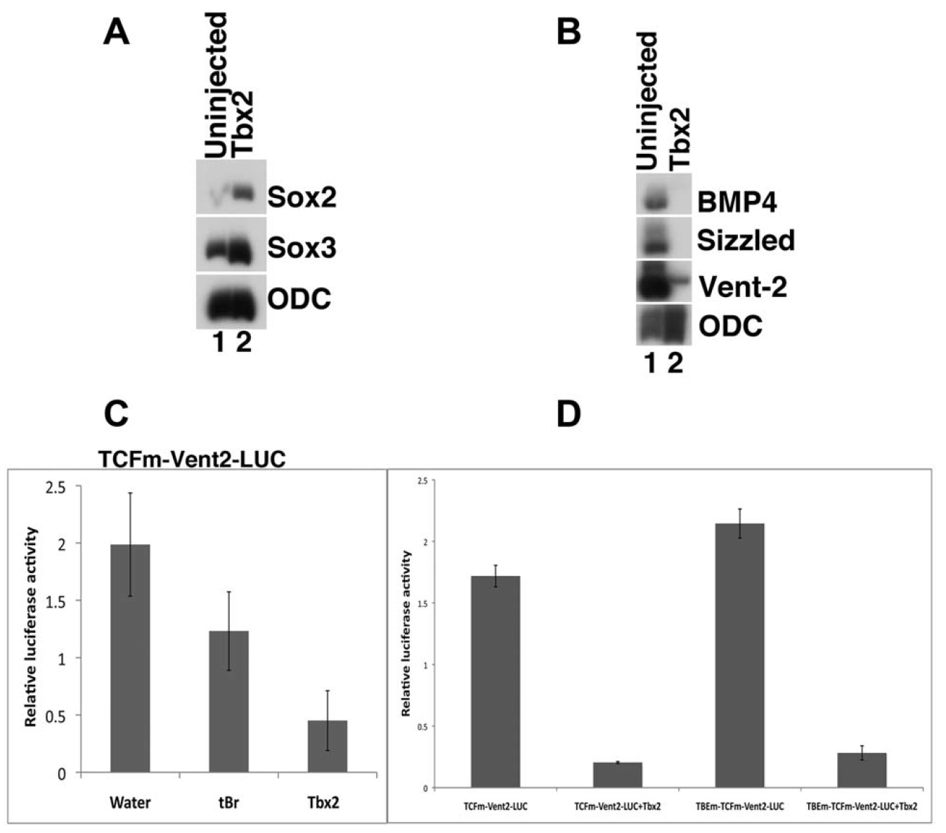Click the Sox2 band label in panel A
click(302, 197)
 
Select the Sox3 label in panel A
click(302, 248)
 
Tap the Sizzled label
click(746, 241)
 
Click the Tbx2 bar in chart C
click(328, 746)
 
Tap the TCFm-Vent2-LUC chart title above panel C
click(191, 459)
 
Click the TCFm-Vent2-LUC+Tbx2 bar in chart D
click(617, 775)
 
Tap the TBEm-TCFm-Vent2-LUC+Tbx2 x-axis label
click(862, 806)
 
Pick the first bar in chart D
click(495, 681)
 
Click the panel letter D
click(569, 414)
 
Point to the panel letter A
click(116, 32)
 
